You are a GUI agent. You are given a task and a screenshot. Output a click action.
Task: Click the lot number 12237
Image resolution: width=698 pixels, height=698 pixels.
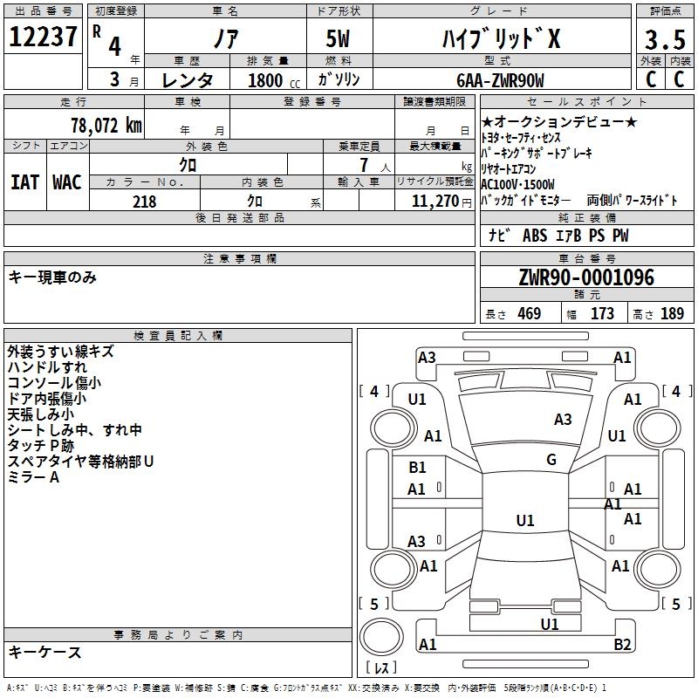click(43, 37)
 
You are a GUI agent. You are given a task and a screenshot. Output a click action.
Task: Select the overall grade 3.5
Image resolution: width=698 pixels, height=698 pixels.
click(665, 40)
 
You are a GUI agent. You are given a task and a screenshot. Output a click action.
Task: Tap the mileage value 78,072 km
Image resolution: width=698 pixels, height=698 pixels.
click(106, 126)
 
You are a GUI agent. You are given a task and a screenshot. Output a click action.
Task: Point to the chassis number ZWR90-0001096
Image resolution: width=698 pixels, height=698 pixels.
click(586, 277)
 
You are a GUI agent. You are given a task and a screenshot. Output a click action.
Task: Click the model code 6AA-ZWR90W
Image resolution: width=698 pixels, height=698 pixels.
click(500, 80)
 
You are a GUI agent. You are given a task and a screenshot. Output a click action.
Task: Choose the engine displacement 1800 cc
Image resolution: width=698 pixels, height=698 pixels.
click(274, 80)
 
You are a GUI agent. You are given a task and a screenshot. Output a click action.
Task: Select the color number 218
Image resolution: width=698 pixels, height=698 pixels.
click(144, 202)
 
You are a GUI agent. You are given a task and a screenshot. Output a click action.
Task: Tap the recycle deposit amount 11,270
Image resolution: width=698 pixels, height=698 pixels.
click(435, 202)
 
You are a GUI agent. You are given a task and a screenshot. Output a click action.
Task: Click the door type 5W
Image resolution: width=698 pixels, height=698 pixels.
click(338, 38)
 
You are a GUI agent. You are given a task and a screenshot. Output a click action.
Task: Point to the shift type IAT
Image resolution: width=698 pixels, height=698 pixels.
click(25, 182)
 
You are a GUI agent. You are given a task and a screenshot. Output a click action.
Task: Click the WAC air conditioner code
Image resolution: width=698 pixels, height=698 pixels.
click(67, 182)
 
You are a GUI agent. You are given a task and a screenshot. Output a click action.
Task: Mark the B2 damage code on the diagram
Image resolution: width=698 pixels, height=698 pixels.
click(622, 644)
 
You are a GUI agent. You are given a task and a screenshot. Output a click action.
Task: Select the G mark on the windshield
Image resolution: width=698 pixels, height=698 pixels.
click(551, 460)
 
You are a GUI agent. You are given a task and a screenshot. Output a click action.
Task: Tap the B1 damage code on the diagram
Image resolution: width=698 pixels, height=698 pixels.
click(417, 468)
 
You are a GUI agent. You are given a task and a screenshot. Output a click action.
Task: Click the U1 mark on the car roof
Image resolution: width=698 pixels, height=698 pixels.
click(525, 520)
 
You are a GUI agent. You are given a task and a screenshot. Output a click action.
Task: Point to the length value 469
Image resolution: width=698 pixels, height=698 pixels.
click(530, 313)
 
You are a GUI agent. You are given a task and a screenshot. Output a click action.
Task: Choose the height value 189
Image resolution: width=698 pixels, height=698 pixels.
click(672, 313)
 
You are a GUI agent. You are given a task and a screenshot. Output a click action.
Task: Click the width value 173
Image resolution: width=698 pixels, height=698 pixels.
click(602, 313)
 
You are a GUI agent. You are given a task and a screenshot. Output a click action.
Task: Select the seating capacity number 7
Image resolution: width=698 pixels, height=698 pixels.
click(364, 165)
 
